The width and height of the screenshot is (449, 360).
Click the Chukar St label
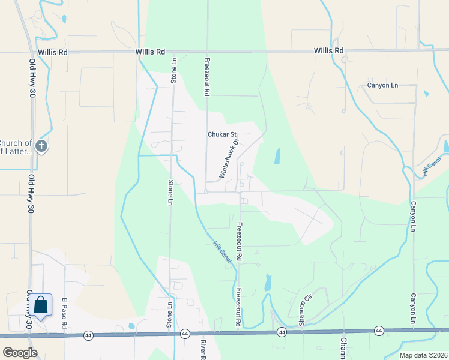(x=223, y=134)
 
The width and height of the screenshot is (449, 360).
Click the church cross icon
(x=41, y=146)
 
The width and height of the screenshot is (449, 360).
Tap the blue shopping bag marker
(x=41, y=306)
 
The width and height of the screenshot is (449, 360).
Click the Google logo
(x=19, y=353)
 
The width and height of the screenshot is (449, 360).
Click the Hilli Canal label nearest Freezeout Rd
(x=222, y=250)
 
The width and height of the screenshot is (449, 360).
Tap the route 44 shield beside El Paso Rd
(x=88, y=335)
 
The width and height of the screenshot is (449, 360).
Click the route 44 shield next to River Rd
(x=184, y=334)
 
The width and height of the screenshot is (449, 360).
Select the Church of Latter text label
(x=16, y=147)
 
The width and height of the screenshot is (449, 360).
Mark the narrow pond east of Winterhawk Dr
(x=277, y=156)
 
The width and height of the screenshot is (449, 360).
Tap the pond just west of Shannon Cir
(x=268, y=283)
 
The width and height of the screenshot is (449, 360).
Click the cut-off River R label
(x=203, y=349)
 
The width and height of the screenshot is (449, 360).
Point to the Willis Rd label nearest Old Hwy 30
(x=52, y=52)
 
